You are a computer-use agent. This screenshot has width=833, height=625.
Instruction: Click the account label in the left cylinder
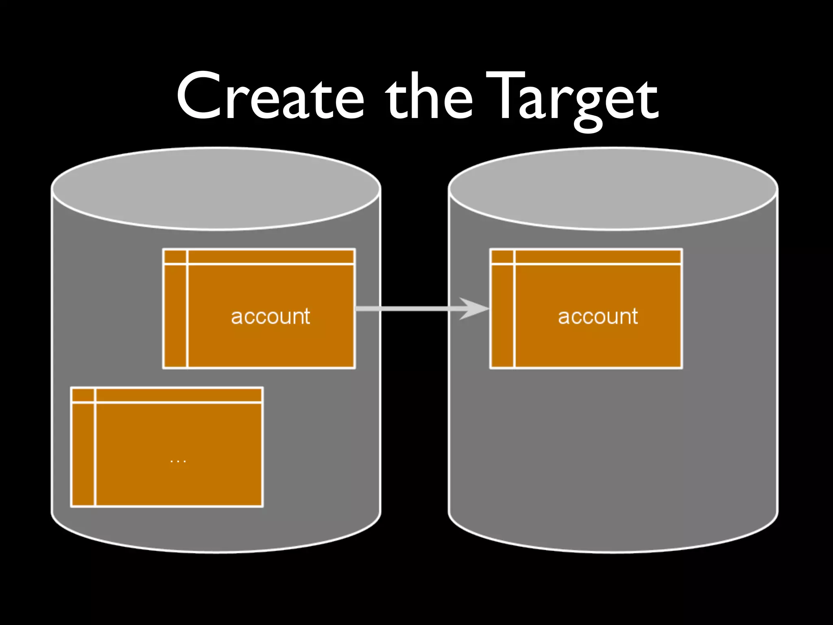coord(270,317)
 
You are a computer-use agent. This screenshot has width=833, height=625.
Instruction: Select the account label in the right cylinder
coord(597,317)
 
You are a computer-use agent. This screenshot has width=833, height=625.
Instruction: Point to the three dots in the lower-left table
coord(178,461)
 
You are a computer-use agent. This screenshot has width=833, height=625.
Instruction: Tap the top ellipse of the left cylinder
coord(216,188)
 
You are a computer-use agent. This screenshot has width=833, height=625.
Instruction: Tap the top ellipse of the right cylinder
coord(613,188)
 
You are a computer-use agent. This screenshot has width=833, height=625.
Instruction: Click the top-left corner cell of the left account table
coord(175,257)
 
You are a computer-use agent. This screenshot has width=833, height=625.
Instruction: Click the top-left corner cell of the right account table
coord(502,257)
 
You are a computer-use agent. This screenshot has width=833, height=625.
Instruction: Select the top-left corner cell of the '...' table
coord(83,395)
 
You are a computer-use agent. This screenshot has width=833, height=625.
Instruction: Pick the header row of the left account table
coord(270,257)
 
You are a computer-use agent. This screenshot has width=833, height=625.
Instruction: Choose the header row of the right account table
coord(598,257)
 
